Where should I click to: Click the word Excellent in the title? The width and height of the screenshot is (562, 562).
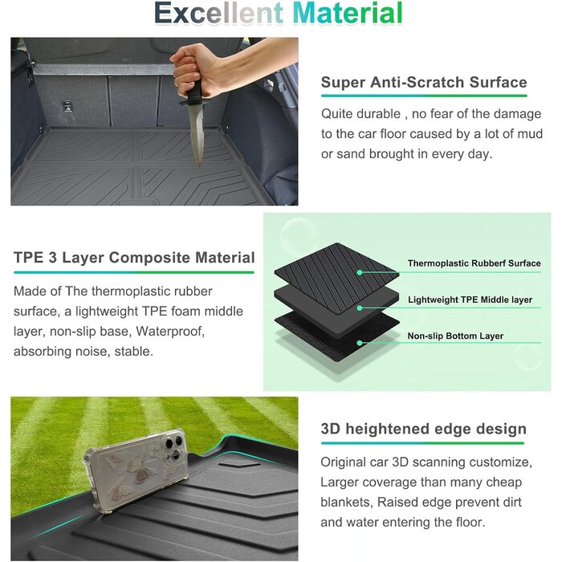click(x=218, y=14)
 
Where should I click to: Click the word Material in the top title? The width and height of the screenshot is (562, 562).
click(x=348, y=14)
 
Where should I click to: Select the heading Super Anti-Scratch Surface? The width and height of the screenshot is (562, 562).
click(x=424, y=82)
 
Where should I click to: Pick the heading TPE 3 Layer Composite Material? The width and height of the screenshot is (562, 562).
click(x=134, y=258)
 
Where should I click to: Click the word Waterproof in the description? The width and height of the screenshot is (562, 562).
click(x=170, y=331)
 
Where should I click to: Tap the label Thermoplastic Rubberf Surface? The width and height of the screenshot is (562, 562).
click(x=474, y=263)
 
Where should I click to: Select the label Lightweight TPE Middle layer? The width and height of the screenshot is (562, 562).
click(x=470, y=299)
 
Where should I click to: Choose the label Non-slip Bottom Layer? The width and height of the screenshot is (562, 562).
click(x=455, y=336)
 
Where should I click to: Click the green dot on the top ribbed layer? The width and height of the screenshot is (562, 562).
click(x=360, y=272)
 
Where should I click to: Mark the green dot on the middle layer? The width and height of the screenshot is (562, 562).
click(x=360, y=307)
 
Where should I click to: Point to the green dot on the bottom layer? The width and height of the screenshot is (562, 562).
click(x=360, y=343)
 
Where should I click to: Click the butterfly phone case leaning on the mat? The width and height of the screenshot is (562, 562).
click(x=136, y=470)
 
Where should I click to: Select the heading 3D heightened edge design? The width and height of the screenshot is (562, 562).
click(x=423, y=429)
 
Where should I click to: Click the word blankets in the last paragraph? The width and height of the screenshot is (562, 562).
click(x=346, y=502)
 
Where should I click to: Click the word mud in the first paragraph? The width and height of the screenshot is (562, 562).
click(x=529, y=134)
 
